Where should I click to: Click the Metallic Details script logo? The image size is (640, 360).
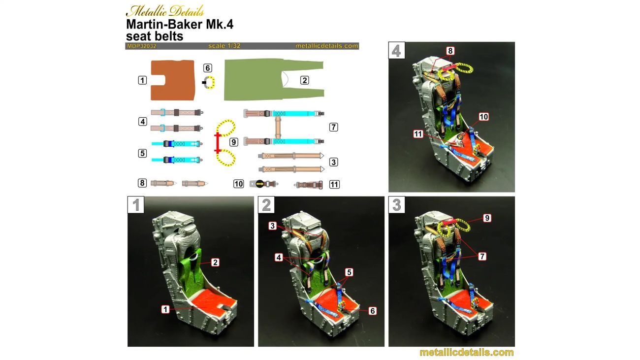click(x=165, y=11)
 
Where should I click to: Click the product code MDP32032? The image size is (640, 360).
click(x=142, y=46)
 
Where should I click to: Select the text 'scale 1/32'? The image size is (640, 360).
click(x=224, y=46)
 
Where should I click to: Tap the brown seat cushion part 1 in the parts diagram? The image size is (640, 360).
click(x=173, y=80)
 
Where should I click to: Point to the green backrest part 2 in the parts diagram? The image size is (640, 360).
click(x=257, y=80)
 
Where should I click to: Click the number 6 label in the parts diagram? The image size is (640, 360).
click(x=208, y=68)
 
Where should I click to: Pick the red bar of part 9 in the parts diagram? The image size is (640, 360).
click(x=218, y=143)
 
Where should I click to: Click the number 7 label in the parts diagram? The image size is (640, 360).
click(x=333, y=127)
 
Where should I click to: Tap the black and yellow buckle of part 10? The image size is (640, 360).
click(x=260, y=184)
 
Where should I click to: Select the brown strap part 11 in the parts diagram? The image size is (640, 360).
click(x=309, y=185)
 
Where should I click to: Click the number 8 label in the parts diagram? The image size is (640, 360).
click(x=142, y=183)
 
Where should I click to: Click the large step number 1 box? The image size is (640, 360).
click(x=136, y=204)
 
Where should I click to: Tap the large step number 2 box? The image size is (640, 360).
click(x=266, y=204)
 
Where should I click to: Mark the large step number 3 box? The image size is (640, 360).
click(x=397, y=204)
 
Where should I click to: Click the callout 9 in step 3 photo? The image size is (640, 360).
click(x=487, y=218)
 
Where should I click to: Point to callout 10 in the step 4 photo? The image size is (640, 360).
click(x=483, y=117)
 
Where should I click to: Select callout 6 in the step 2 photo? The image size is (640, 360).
click(x=372, y=311)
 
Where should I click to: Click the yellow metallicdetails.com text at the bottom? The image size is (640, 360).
click(x=467, y=352)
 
